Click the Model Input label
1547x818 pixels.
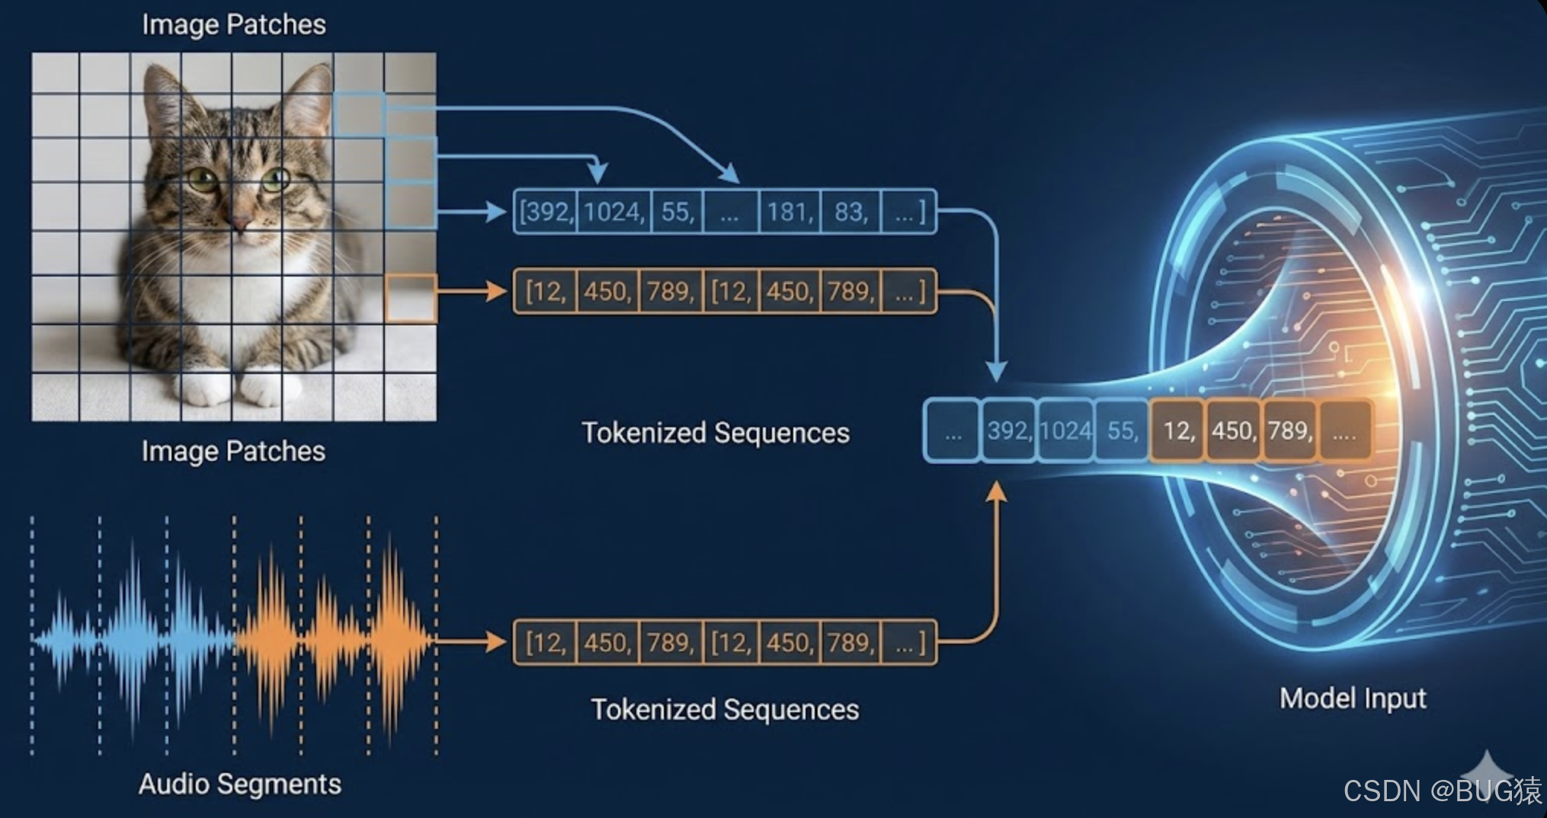coord(1352,698)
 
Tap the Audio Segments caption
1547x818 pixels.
coord(239,784)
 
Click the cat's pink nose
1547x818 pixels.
coord(241,222)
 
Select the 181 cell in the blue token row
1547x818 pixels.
coord(790,212)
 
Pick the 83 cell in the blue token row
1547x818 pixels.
coord(850,212)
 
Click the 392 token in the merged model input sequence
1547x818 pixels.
coord(1009,431)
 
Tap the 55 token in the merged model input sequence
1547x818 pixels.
coord(1122,431)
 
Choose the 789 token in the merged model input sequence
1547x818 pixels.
coord(1289,431)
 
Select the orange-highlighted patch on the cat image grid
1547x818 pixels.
coord(411,298)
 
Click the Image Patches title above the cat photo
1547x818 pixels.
coord(233,24)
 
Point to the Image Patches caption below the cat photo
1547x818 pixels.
coord(233,451)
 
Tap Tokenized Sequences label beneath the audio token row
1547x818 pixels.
coord(725,710)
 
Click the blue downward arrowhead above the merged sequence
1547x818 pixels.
coord(996,372)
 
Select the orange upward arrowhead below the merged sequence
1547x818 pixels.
coord(996,492)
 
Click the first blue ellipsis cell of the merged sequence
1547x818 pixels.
coord(952,432)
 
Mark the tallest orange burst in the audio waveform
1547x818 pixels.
coord(393,632)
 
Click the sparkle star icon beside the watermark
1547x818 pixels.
coord(1486,771)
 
